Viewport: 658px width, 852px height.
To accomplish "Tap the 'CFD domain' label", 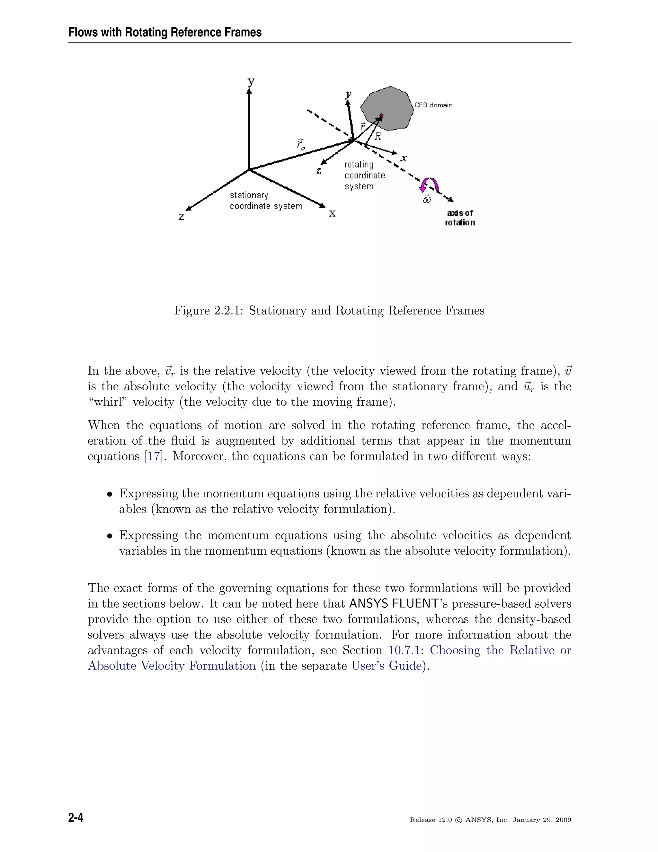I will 433,105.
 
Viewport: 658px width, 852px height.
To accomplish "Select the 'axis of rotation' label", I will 460,218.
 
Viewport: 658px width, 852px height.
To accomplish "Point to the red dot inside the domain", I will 381,115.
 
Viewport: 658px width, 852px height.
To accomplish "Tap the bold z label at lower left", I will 182,216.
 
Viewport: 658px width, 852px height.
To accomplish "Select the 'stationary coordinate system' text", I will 266,201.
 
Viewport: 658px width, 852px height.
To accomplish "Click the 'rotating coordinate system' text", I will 364,175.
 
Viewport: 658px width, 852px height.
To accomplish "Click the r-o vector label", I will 300,144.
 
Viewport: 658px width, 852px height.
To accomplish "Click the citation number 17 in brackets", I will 153,457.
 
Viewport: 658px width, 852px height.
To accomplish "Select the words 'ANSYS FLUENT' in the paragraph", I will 394,603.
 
